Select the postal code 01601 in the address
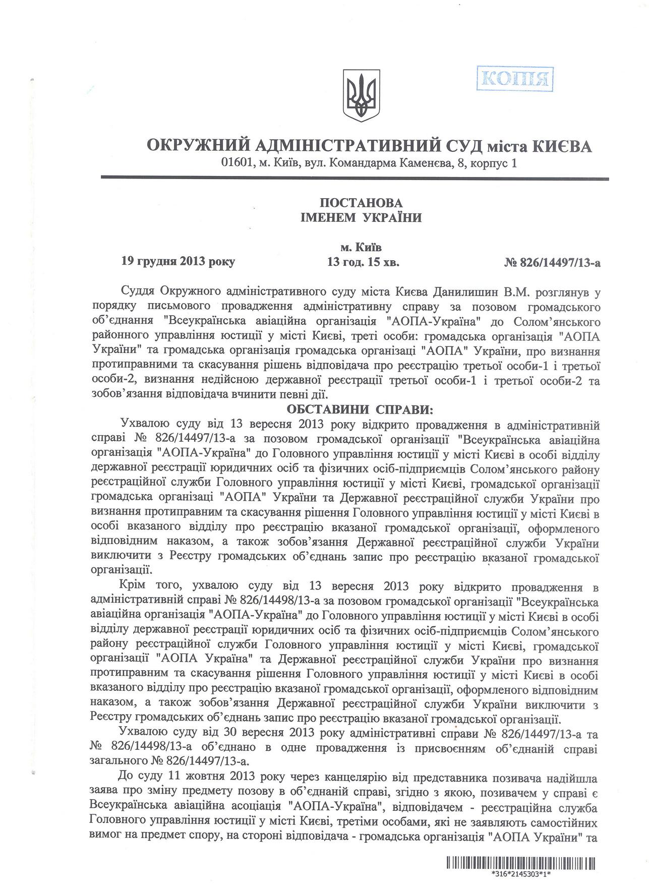234,163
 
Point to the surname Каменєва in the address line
421,163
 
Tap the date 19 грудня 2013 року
178,262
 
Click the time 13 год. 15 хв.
363,262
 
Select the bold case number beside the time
552,262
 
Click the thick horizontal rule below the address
355,178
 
